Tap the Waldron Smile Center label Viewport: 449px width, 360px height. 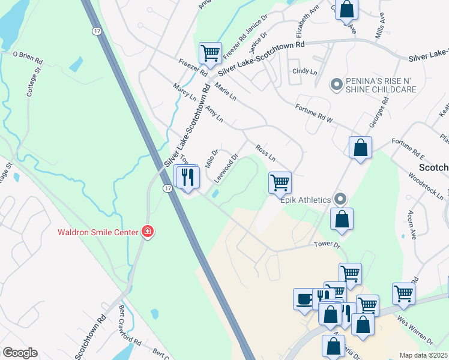[97, 232]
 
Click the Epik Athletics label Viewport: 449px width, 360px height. [306, 200]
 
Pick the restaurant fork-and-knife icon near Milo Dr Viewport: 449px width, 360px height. [187, 177]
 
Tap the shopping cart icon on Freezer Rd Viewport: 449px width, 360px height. [210, 53]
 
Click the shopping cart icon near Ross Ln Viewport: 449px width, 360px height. [280, 182]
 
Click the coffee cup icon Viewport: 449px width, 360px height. [304, 298]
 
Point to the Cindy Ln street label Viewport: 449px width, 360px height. [304, 71]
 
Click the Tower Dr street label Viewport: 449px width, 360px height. [328, 245]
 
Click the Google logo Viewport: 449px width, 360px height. [20, 353]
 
